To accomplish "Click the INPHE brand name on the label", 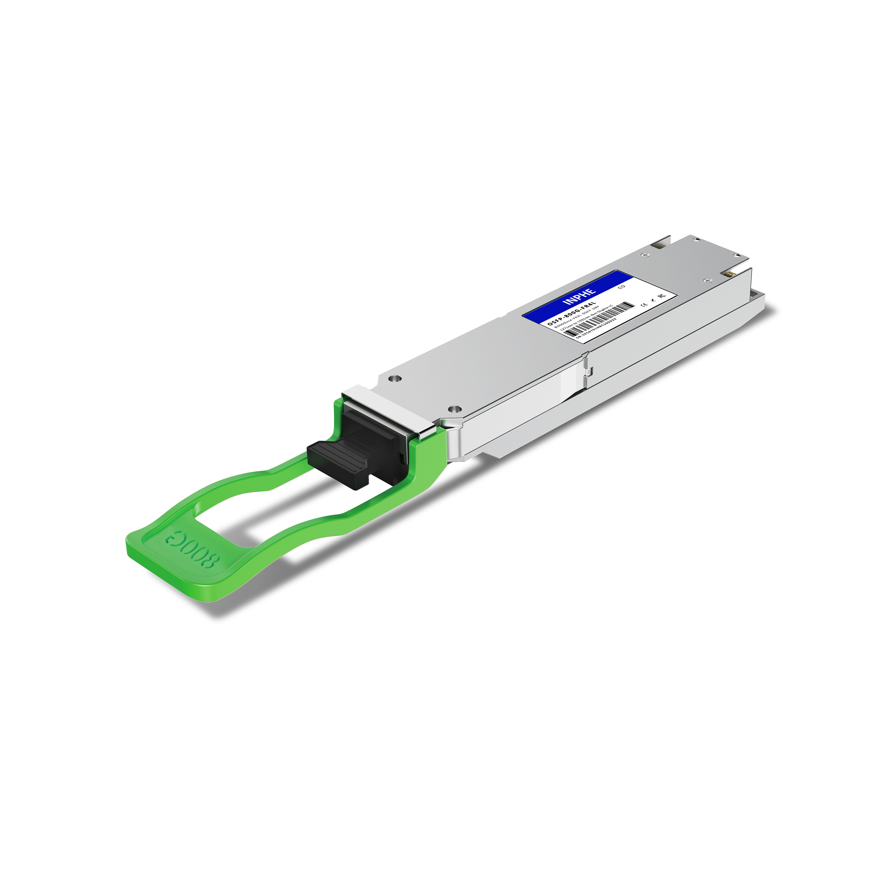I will click(x=579, y=297).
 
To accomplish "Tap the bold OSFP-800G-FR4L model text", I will click(x=572, y=313).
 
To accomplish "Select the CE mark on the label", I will click(x=644, y=305).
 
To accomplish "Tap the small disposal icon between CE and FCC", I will click(x=654, y=300).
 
